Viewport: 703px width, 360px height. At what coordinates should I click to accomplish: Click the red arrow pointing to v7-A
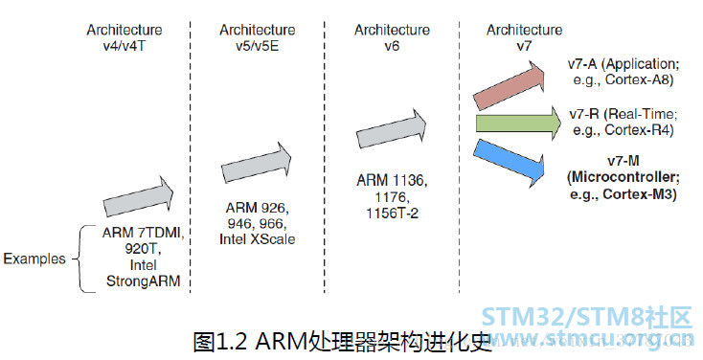pos(510,85)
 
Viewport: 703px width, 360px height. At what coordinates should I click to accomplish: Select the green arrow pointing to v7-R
pos(518,124)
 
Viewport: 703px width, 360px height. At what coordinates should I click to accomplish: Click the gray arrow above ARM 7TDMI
pos(139,197)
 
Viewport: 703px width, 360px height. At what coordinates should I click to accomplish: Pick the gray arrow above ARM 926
pos(257,163)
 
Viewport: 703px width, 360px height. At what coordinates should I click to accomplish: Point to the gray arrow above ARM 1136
pos(392,129)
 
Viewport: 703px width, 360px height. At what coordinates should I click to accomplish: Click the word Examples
pos(34,259)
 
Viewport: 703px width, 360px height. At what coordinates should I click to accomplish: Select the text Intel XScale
pos(258,239)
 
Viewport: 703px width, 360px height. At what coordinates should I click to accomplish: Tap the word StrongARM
pos(143,281)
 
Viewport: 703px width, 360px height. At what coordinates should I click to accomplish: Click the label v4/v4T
pos(125,46)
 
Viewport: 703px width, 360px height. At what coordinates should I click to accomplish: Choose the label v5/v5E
pos(258,46)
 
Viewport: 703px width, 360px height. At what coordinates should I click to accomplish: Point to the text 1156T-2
pos(393,213)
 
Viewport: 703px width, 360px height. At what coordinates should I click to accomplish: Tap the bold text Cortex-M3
pos(640,194)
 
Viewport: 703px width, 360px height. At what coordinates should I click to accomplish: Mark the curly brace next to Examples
pos(79,259)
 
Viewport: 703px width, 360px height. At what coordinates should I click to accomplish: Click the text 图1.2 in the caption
pos(220,342)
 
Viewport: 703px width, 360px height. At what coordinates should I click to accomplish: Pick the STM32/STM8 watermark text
pos(587,317)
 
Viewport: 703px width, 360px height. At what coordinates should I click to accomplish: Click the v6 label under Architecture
pos(392,46)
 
